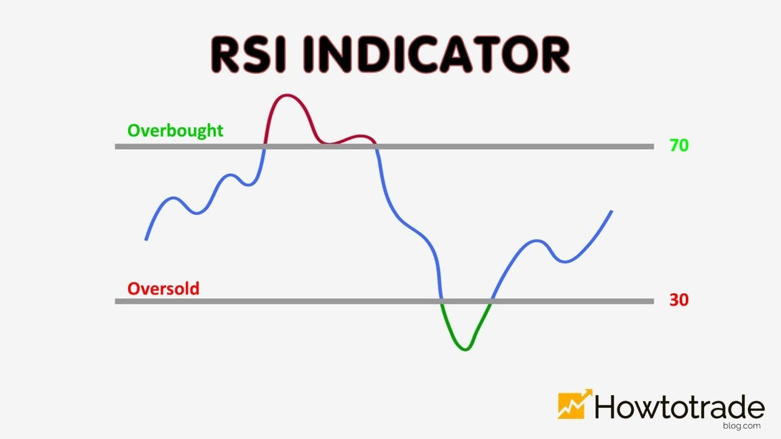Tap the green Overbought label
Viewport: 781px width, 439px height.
(175, 130)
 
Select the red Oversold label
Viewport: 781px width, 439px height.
(163, 288)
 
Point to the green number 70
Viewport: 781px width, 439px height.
(678, 146)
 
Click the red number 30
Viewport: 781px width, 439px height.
(678, 300)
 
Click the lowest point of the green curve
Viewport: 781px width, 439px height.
(466, 349)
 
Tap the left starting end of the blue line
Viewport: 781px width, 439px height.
(146, 239)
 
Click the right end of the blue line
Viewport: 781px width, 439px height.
(611, 212)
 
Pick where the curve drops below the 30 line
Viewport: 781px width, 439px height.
(441, 301)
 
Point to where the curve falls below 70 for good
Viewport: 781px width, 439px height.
(375, 146)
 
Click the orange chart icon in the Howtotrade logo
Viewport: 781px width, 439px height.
(574, 404)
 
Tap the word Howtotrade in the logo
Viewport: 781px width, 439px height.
(679, 405)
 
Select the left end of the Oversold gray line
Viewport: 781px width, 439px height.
(117, 301)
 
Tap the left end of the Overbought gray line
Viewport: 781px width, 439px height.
(117, 146)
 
